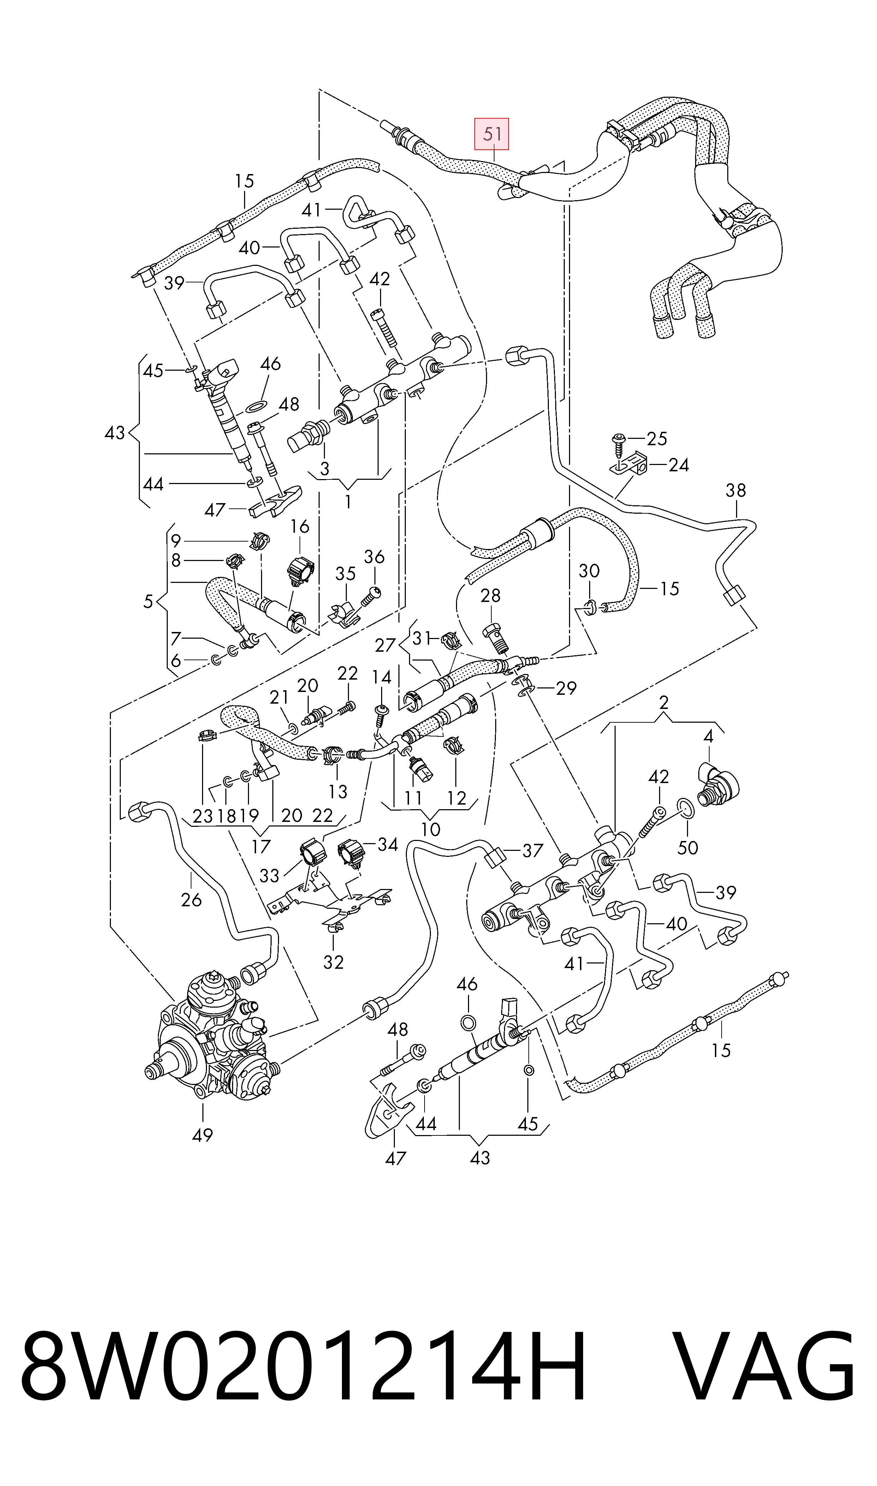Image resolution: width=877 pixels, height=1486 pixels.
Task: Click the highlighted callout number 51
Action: [x=492, y=134]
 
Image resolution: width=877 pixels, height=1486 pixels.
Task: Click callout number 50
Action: [x=687, y=848]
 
